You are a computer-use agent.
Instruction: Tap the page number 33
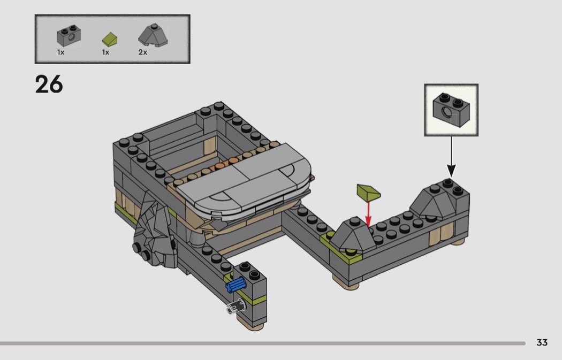click(x=542, y=342)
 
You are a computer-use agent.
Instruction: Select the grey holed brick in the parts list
click(x=69, y=35)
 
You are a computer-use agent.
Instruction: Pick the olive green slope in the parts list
click(x=110, y=39)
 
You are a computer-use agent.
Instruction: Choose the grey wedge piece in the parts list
click(x=153, y=35)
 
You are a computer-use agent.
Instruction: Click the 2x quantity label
click(x=143, y=52)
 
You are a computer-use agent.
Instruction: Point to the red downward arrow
click(x=368, y=214)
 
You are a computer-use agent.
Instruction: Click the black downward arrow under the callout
click(x=451, y=157)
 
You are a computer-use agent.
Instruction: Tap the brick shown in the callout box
click(x=451, y=110)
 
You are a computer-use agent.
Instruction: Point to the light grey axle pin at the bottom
click(x=236, y=307)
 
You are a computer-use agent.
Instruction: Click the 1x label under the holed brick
click(x=60, y=52)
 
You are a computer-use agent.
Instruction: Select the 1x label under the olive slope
click(x=105, y=52)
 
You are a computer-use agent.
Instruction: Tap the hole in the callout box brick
click(x=446, y=112)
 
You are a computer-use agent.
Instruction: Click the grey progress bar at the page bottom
click(x=263, y=343)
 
